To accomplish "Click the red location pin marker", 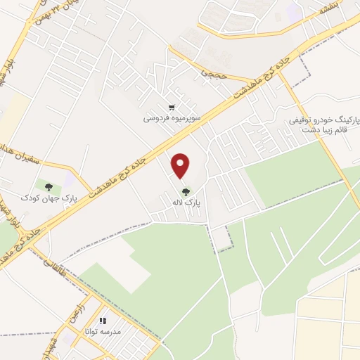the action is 181,165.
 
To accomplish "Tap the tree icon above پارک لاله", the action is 186,191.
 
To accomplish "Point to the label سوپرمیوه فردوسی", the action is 172,118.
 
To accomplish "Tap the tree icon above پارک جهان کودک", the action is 49,187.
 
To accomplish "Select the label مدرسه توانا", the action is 102,330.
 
